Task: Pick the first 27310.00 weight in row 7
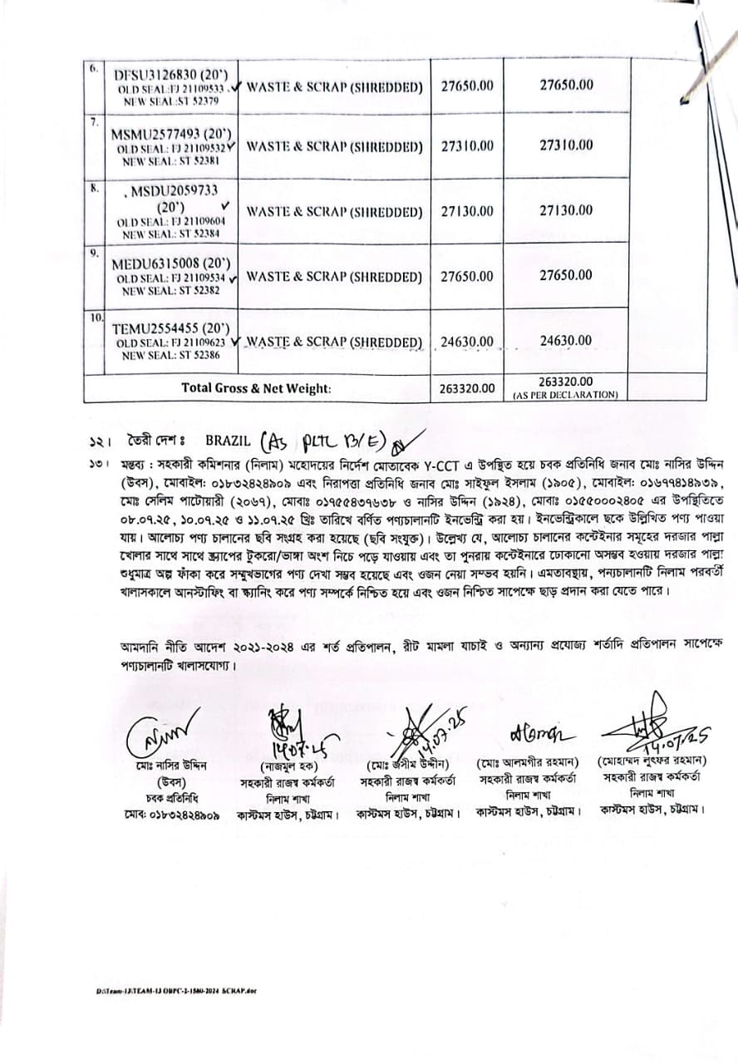tap(467, 145)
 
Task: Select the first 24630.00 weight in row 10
tap(467, 342)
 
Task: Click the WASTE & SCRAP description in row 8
tap(334, 212)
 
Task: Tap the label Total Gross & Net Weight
tap(256, 387)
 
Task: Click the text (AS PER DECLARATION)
tap(566, 395)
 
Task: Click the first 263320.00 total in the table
tap(467, 388)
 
